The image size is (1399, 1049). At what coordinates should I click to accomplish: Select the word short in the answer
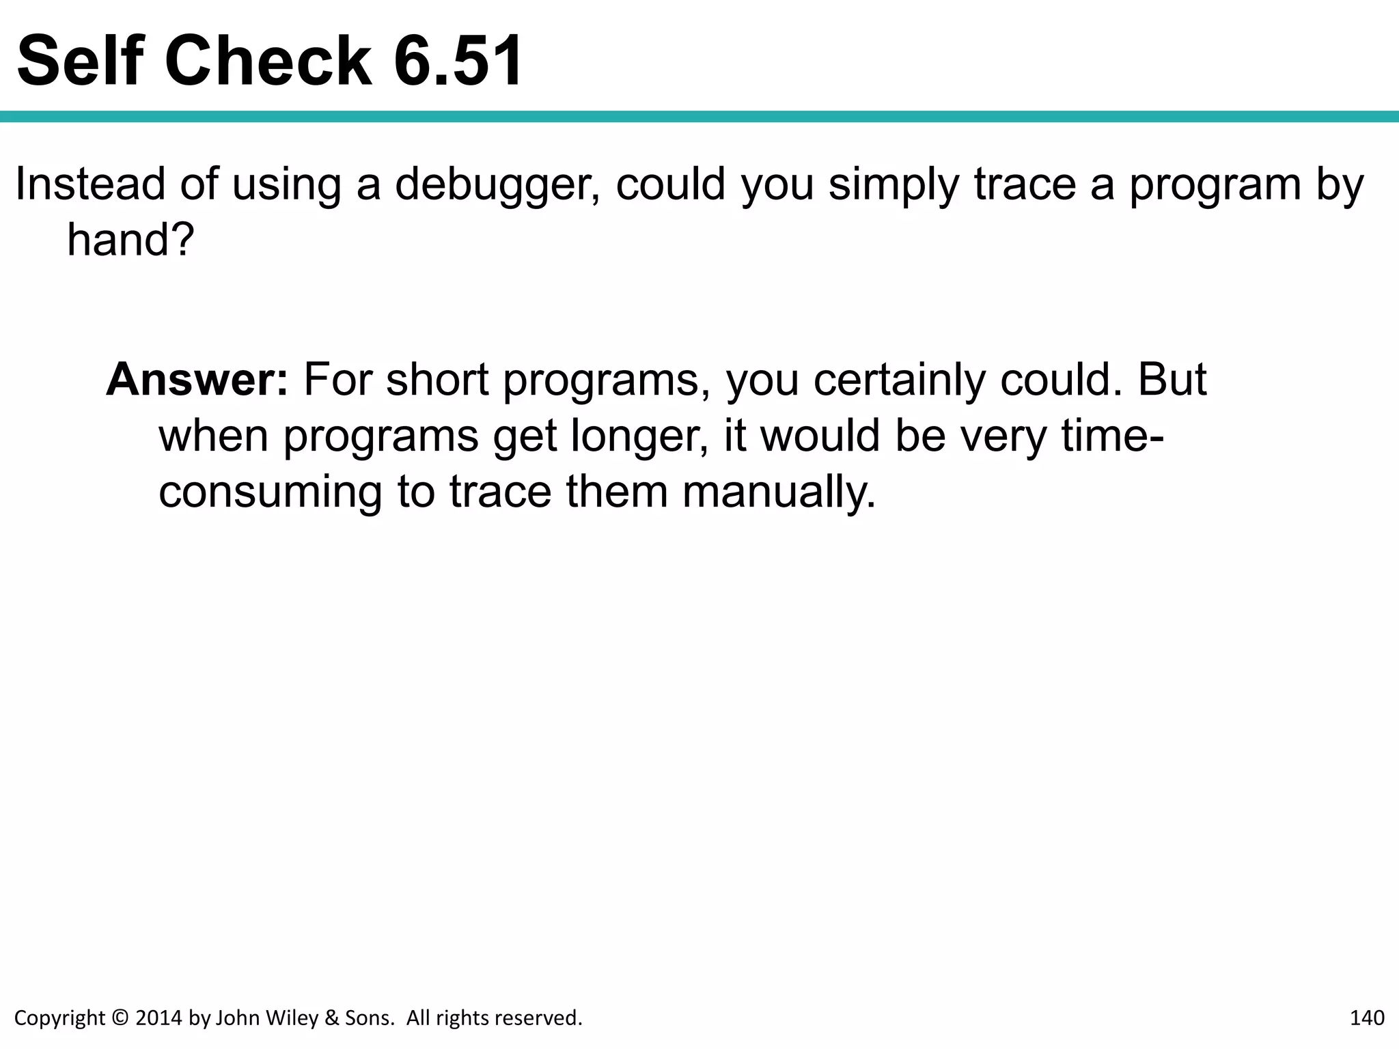[x=437, y=380]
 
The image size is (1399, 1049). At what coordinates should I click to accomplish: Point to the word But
[x=1172, y=380]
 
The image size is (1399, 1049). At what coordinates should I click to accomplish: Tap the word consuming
[x=271, y=494]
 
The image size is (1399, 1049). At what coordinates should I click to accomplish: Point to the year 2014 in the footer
[x=159, y=1018]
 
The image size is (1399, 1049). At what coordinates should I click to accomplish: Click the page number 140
[x=1367, y=1018]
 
